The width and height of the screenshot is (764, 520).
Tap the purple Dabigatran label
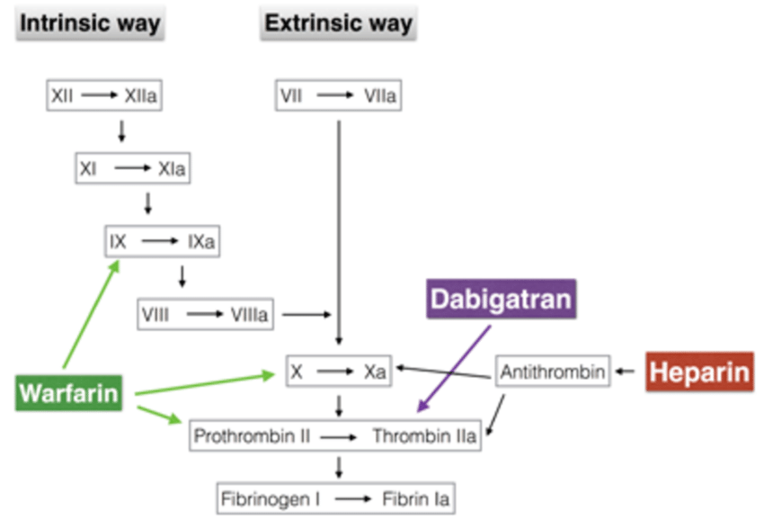coord(501,299)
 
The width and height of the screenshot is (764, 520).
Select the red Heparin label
coord(697,372)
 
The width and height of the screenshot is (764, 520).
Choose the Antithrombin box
coord(553,371)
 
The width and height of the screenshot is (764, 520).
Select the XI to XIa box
coord(133,168)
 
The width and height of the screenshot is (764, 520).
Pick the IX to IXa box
coord(162,241)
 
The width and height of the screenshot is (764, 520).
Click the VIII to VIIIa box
coord(208,315)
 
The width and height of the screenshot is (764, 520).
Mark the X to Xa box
coord(338,372)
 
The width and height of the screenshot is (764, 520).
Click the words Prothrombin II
coord(253,436)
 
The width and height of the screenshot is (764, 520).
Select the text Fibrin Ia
coord(420,498)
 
